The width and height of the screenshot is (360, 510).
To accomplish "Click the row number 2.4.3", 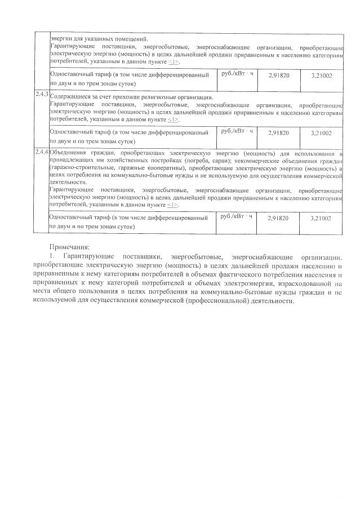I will [x=41, y=92].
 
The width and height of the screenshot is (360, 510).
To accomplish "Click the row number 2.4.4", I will [x=41, y=152].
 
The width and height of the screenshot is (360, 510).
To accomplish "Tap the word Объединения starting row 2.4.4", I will [x=68, y=153].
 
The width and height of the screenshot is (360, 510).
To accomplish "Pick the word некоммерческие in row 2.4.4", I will [x=263, y=161].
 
